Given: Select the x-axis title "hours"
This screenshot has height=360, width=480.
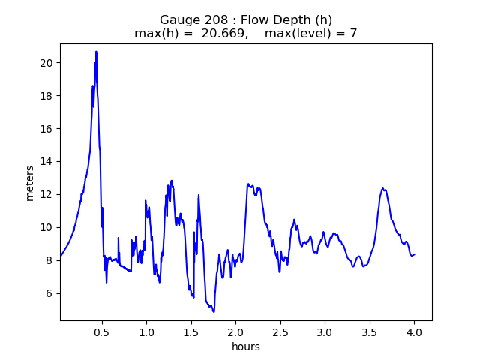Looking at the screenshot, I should [245, 346].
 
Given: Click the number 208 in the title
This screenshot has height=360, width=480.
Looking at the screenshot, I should [212, 19].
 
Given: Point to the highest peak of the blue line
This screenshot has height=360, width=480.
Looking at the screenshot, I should [96, 52].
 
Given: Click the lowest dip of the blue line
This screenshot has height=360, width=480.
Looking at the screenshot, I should [214, 311].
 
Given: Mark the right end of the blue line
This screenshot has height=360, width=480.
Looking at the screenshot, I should [414, 254].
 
